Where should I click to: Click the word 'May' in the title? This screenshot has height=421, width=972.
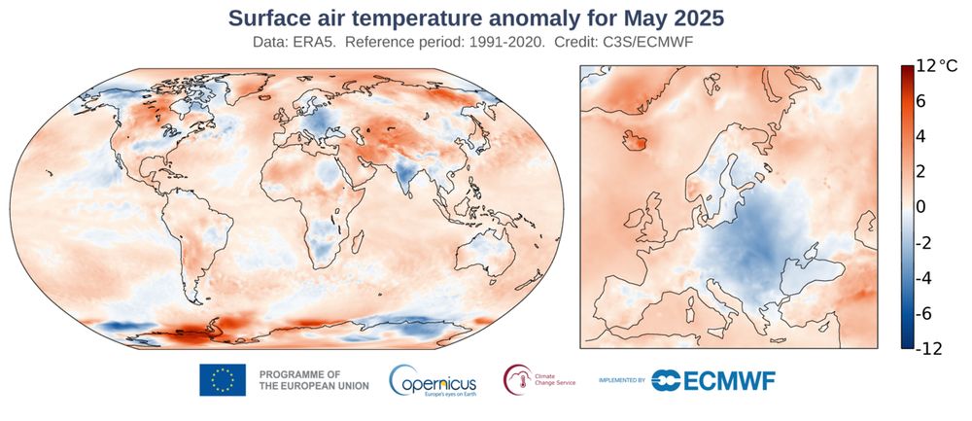coord(636,18)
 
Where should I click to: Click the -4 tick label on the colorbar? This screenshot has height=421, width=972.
coord(922,278)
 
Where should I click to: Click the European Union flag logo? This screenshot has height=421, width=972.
coord(223,380)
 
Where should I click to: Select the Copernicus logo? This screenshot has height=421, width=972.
coord(433,380)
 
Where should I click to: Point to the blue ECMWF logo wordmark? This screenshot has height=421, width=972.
coord(713,380)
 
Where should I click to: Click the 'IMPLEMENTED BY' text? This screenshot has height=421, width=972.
coord(622,381)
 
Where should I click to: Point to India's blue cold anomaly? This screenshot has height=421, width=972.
coord(405,176)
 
